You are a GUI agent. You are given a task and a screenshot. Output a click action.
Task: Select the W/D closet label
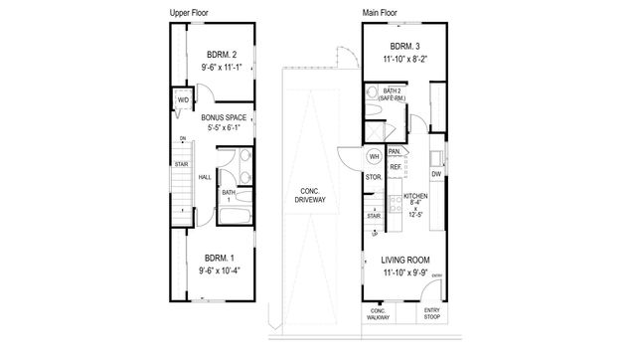point(183,101)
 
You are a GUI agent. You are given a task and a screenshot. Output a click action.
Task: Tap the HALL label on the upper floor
point(204,177)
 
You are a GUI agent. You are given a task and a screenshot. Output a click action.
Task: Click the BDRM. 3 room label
point(403,46)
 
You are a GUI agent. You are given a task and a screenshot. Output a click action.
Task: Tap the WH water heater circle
point(375,157)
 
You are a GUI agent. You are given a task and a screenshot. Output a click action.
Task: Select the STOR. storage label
point(374,179)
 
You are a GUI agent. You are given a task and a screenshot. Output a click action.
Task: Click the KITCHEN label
point(415,196)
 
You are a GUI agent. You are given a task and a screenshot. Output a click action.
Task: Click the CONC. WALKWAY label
point(378,314)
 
